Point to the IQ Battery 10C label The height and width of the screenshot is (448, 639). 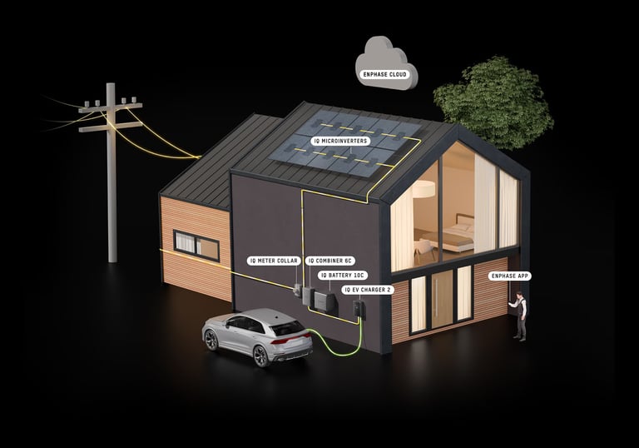pyautogui.click(x=342, y=274)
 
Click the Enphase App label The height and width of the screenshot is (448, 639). pyautogui.click(x=511, y=275)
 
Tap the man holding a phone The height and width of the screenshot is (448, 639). pyautogui.click(x=520, y=316)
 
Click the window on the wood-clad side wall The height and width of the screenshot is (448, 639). pyautogui.click(x=196, y=245)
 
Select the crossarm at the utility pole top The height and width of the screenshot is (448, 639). pyautogui.click(x=111, y=108)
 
